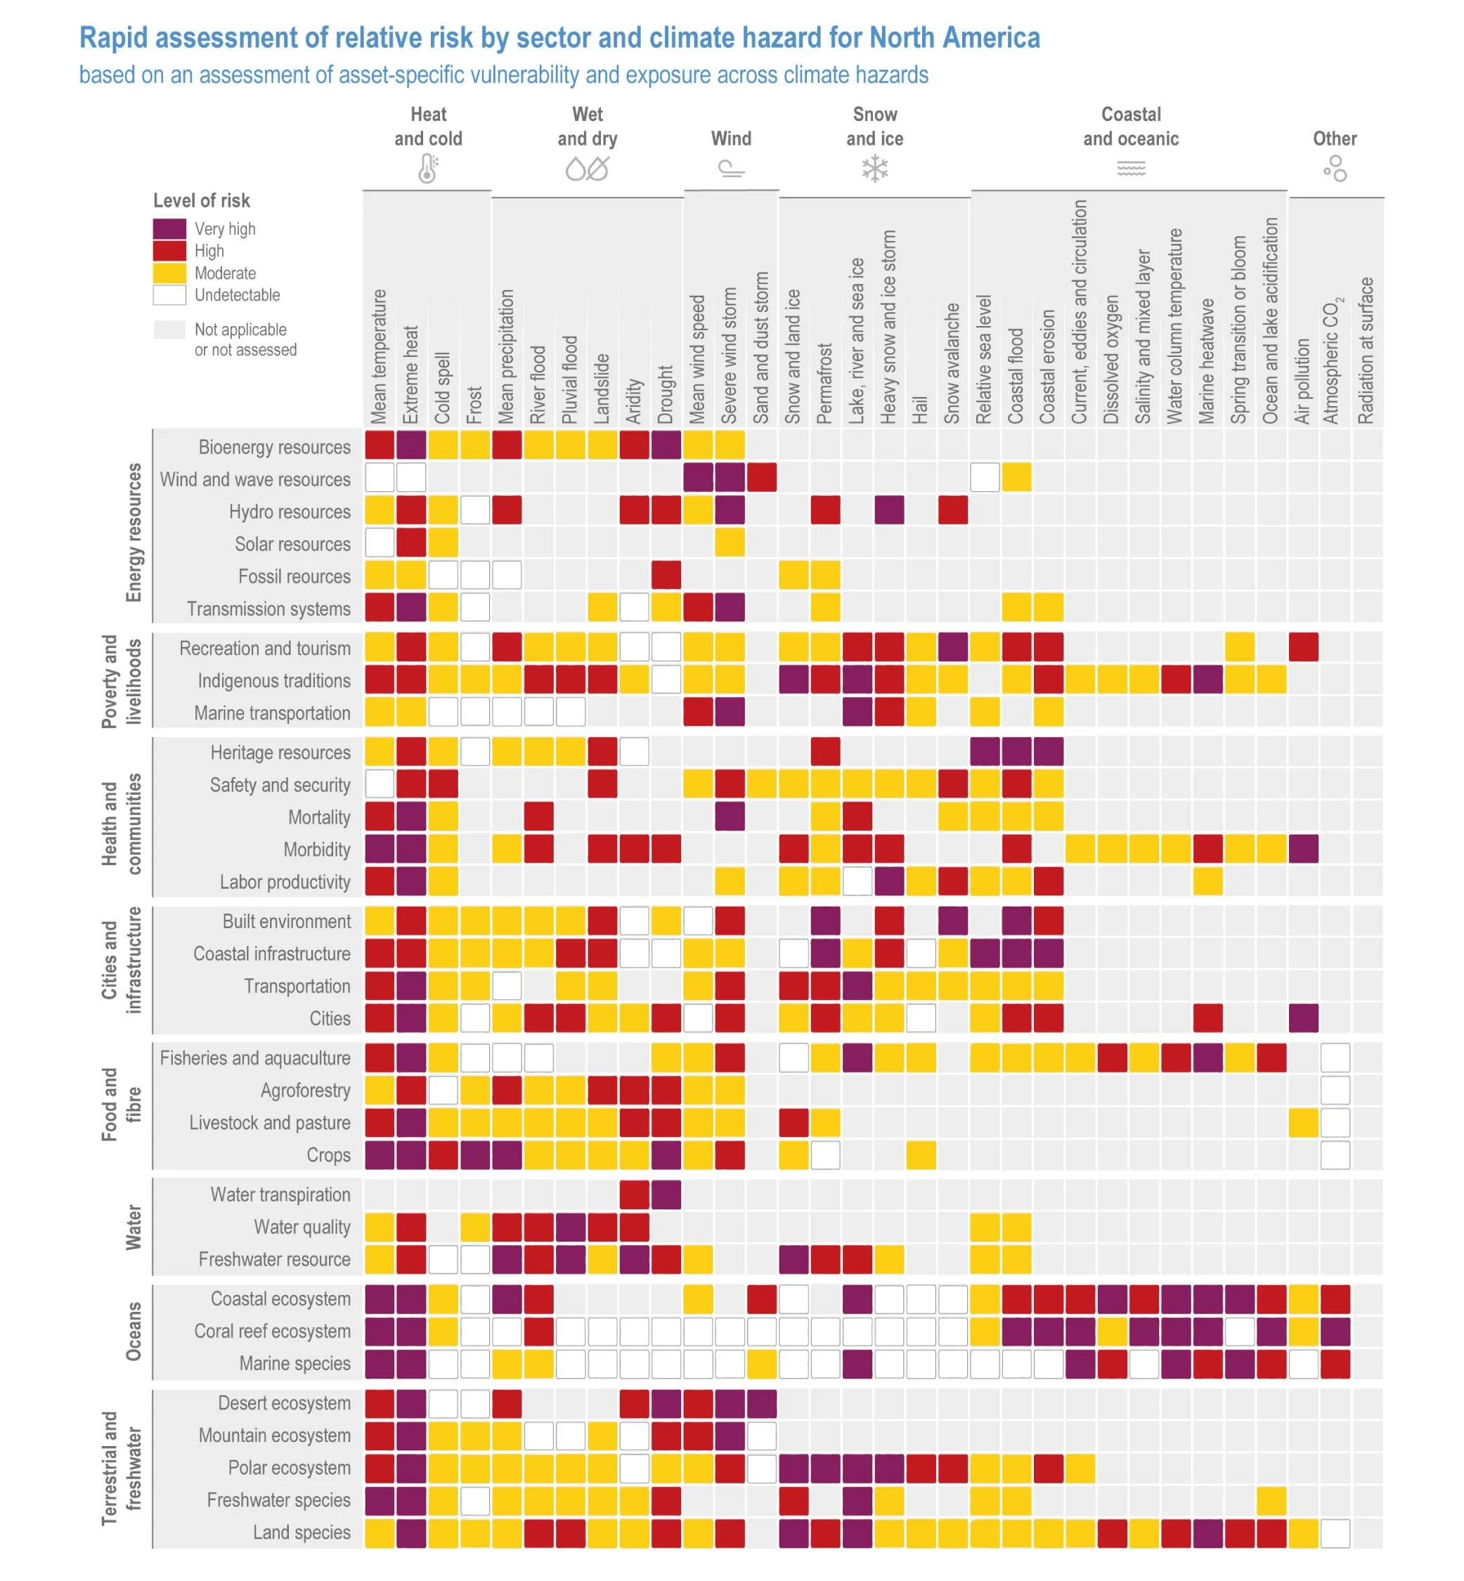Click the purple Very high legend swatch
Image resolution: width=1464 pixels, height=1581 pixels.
[x=169, y=229]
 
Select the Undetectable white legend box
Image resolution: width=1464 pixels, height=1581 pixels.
[x=169, y=295]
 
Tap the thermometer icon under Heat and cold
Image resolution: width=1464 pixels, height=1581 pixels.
[x=428, y=169]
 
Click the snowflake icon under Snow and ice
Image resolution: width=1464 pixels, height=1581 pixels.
[x=874, y=169]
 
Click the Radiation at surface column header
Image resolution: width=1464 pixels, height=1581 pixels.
[x=1366, y=350]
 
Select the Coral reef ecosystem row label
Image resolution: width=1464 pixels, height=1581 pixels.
[x=273, y=1332]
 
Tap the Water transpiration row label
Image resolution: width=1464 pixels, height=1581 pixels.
[x=280, y=1195]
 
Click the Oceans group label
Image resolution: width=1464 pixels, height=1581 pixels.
[x=134, y=1332]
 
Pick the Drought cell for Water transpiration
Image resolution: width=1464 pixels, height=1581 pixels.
[x=666, y=1195]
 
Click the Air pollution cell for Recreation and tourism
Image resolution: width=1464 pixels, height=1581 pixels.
[x=1303, y=647]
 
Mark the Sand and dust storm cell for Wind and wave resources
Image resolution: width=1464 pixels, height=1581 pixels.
[x=762, y=478]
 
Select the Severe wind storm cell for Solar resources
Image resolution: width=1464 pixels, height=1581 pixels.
[x=730, y=542]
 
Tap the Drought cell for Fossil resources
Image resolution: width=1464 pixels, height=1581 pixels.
[x=666, y=575]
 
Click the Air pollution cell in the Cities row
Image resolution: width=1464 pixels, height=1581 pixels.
[x=1303, y=1018]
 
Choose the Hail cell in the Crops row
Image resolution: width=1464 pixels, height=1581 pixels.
[x=921, y=1155]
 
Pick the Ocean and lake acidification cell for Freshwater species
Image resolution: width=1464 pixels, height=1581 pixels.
[x=1271, y=1500]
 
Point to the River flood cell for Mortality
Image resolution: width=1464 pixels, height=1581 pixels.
[x=538, y=816]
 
